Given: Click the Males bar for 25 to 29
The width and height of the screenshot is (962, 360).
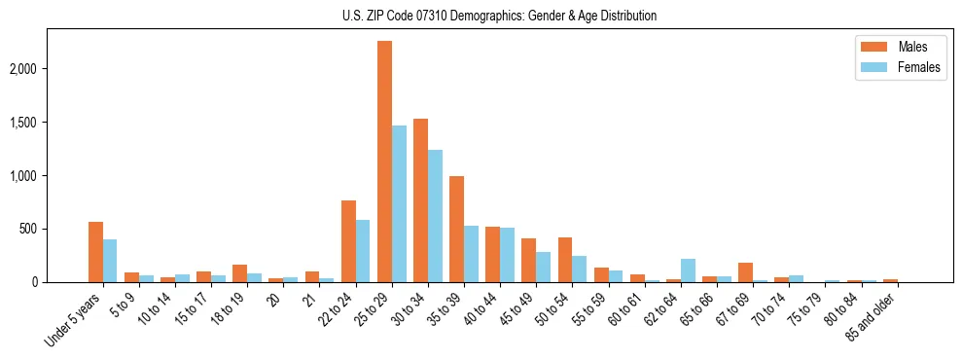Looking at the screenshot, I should pyautogui.click(x=384, y=162).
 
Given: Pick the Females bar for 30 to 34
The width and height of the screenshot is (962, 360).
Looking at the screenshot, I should pyautogui.click(x=435, y=216).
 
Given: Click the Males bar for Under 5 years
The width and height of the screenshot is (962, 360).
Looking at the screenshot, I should pyautogui.click(x=95, y=252).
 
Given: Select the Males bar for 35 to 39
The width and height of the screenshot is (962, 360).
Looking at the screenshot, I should pyautogui.click(x=456, y=230).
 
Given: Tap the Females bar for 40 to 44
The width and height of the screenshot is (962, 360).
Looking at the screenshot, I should pyautogui.click(x=507, y=255).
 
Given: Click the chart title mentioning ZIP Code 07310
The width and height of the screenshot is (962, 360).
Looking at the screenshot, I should pyautogui.click(x=500, y=16).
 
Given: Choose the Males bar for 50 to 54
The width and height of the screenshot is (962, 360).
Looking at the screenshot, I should pyautogui.click(x=565, y=260).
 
